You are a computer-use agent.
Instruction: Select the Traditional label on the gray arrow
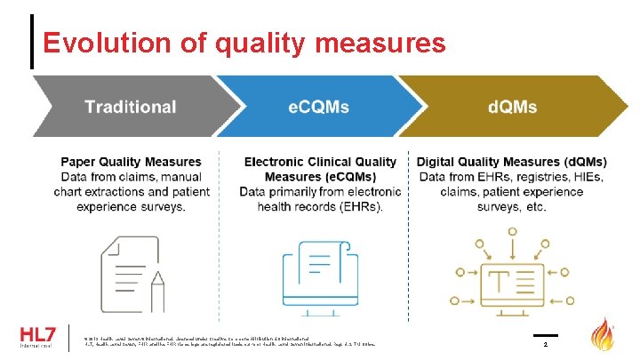(x=130, y=108)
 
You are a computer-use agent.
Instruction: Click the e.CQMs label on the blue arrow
(x=319, y=108)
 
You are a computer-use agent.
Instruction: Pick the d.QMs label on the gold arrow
(x=512, y=108)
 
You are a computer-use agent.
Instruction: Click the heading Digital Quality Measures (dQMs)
(x=511, y=162)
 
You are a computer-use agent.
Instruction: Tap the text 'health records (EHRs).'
(x=319, y=207)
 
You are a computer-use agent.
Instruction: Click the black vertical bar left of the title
(x=33, y=42)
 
